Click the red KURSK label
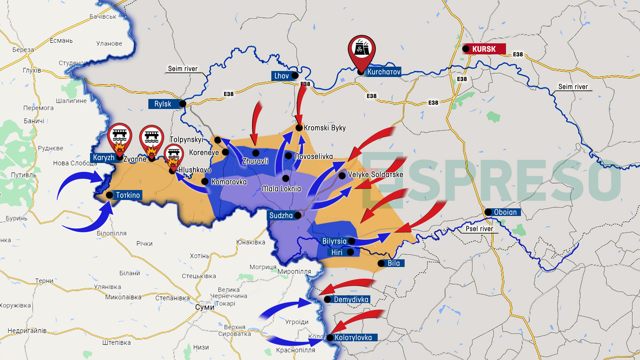(x=484, y=49)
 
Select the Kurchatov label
(x=384, y=72)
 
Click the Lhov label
(x=282, y=76)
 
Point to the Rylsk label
(x=163, y=104)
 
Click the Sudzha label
(x=281, y=216)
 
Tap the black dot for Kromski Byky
(x=299, y=128)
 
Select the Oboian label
(x=505, y=212)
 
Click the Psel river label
(x=479, y=229)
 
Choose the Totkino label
(x=128, y=195)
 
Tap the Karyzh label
(x=103, y=158)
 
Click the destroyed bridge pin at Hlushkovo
(x=174, y=155)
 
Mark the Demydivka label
(x=351, y=300)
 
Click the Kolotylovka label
(x=353, y=338)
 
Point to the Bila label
(x=394, y=263)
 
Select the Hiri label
(x=337, y=252)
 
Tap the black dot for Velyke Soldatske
(x=342, y=175)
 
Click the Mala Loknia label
(x=281, y=189)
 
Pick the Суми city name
(x=205, y=307)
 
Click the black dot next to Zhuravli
(x=256, y=153)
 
